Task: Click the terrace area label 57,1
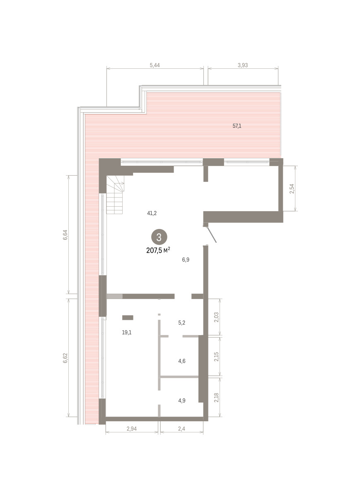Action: click(237, 126)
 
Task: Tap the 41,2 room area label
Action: click(152, 213)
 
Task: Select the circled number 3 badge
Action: click(159, 237)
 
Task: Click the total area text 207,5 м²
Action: click(158, 251)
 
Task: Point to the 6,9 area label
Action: click(186, 260)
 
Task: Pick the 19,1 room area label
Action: click(127, 332)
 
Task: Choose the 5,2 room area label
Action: click(181, 323)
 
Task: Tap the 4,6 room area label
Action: click(181, 361)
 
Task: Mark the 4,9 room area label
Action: click(181, 400)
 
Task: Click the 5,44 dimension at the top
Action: click(155, 65)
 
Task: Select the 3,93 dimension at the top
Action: click(243, 65)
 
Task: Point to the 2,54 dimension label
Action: click(292, 188)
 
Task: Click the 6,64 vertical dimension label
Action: click(65, 235)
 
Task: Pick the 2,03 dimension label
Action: click(217, 317)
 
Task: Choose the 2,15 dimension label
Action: click(217, 357)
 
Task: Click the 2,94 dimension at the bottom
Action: click(132, 429)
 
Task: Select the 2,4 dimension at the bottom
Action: click(181, 429)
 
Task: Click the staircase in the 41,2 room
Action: click(115, 195)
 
